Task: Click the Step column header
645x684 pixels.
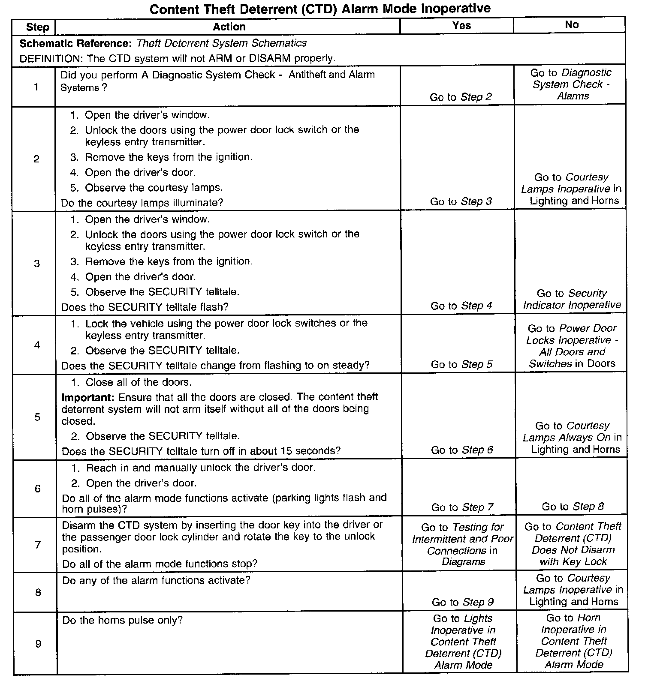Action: (37, 27)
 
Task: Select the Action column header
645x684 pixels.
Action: (229, 27)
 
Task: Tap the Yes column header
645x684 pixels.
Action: (461, 26)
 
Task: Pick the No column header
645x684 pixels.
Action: (571, 25)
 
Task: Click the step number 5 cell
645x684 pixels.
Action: (37, 417)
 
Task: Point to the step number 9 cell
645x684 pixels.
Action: (38, 644)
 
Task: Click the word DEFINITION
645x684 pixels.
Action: (47, 58)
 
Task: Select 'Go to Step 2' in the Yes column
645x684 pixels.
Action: (461, 97)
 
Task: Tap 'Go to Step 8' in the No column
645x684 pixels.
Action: (573, 507)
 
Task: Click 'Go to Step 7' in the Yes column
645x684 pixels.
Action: (462, 507)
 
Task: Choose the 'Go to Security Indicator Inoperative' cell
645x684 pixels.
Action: (572, 299)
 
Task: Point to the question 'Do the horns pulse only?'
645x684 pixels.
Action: (123, 620)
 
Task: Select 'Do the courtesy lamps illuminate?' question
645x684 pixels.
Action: (142, 203)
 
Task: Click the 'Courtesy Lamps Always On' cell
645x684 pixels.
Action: (572, 438)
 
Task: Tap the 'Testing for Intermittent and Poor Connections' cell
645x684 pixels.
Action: (462, 544)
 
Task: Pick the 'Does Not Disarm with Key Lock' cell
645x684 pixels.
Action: (573, 544)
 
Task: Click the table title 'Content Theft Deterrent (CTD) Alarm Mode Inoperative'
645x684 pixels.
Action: (320, 9)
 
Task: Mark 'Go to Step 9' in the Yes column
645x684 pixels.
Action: (462, 602)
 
